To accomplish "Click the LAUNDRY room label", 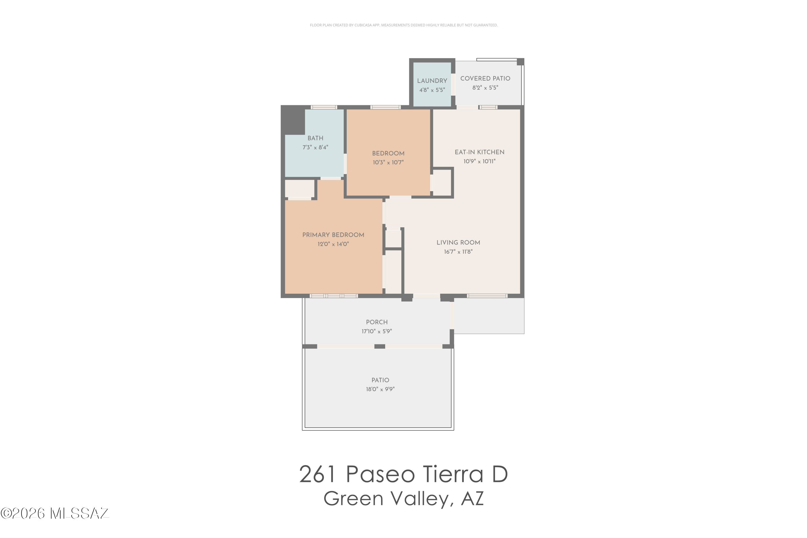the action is point(432,81).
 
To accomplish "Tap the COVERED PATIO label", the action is point(485,79).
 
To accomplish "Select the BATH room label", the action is point(315,138).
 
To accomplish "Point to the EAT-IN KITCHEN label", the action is point(479,152).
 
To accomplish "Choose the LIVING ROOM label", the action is point(458,243).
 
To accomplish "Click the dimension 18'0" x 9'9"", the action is point(380,389).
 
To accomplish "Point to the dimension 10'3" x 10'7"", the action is point(388,162).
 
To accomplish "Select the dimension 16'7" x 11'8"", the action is point(458,252).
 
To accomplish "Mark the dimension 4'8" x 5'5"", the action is point(432,90).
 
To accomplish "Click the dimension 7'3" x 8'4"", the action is point(315,147).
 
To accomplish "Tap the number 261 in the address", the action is point(318,475).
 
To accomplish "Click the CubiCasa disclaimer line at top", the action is point(403,25).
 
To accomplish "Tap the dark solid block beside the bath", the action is point(293,120).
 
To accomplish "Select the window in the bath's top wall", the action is point(324,107).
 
